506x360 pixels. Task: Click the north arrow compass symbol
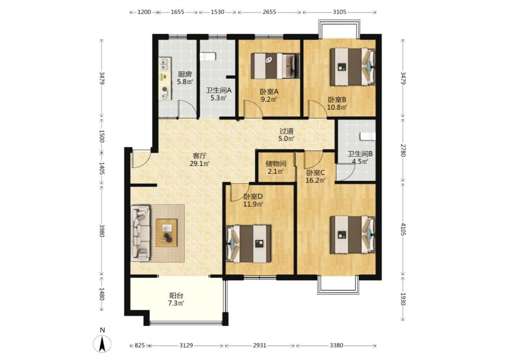tap(102, 343)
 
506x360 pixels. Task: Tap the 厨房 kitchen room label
tap(184, 74)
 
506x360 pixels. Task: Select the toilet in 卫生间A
tap(207, 57)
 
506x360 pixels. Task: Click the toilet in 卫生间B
tap(368, 136)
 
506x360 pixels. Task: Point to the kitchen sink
tap(165, 63)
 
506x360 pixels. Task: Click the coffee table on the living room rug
tap(166, 233)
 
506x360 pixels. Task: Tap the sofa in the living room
tap(141, 233)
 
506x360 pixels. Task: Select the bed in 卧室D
tap(249, 243)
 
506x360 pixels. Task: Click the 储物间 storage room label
tap(276, 164)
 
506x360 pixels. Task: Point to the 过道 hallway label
tap(287, 131)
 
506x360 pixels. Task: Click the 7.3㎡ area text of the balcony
tap(176, 303)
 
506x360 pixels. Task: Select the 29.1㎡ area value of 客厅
tap(199, 163)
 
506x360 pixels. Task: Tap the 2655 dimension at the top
tap(269, 12)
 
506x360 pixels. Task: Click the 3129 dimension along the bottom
tap(186, 346)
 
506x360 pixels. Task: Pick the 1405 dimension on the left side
tap(102, 168)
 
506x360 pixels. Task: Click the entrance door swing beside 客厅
tap(141, 159)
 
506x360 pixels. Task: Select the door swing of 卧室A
tap(252, 109)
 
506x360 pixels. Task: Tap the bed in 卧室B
tap(353, 67)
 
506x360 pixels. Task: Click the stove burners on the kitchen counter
tap(165, 92)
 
